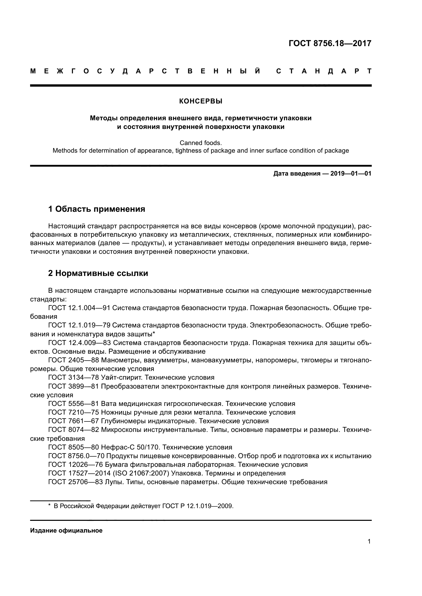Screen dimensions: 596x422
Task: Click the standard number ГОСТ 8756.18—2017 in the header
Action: pyautogui.click(x=330, y=43)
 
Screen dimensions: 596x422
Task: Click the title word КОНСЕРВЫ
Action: pyautogui.click(x=201, y=101)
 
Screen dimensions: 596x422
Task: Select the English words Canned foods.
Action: pyautogui.click(x=201, y=143)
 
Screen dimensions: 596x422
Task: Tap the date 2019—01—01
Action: pyautogui.click(x=351, y=174)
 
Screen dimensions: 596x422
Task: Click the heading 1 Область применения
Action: pyautogui.click(x=97, y=209)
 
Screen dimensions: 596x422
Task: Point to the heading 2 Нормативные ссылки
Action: pyautogui.click(x=98, y=273)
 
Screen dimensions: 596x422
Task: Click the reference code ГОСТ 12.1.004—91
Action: pyautogui.click(x=79, y=308)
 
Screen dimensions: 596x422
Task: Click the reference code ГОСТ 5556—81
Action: pyautogui.click(x=73, y=404)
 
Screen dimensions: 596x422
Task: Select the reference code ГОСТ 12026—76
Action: pyautogui.click(x=76, y=465)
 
